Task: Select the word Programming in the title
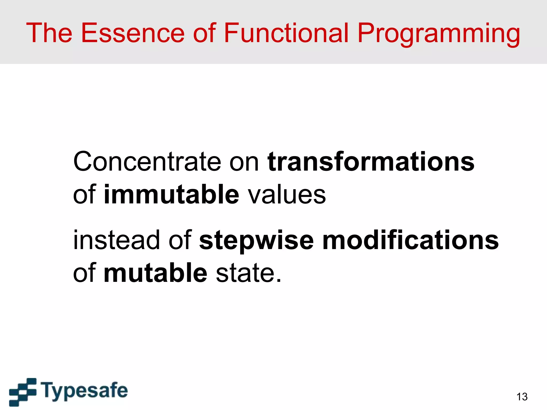click(x=439, y=34)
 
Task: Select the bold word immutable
click(x=171, y=194)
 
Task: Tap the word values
click(x=287, y=194)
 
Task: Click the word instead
click(x=116, y=240)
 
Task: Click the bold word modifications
click(x=410, y=240)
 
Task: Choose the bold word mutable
click(x=155, y=273)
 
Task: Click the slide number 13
click(x=522, y=397)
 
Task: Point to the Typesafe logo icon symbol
click(x=23, y=392)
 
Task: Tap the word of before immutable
click(x=84, y=194)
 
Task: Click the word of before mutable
click(x=84, y=273)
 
